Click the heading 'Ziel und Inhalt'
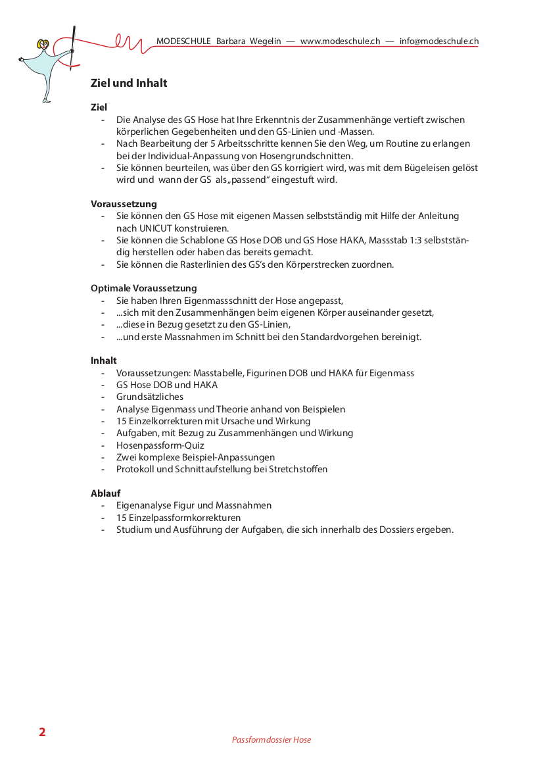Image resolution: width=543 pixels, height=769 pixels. [129, 84]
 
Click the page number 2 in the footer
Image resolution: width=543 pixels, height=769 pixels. [42, 732]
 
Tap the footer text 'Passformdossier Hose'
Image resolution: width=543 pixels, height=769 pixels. [271, 740]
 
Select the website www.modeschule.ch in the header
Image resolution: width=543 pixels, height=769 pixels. [340, 41]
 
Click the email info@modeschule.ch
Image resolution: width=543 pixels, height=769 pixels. [438, 41]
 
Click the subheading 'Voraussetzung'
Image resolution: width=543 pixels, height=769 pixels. [124, 204]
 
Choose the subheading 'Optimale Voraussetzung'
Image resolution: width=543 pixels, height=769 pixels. [143, 288]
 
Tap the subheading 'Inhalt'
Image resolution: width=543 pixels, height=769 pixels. [104, 360]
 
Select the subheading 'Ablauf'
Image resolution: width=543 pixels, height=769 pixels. [105, 493]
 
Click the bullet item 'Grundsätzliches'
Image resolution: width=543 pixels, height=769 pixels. [150, 397]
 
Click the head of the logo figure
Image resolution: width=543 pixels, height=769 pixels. [45, 45]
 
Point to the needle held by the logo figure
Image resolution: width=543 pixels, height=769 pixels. [73, 46]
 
